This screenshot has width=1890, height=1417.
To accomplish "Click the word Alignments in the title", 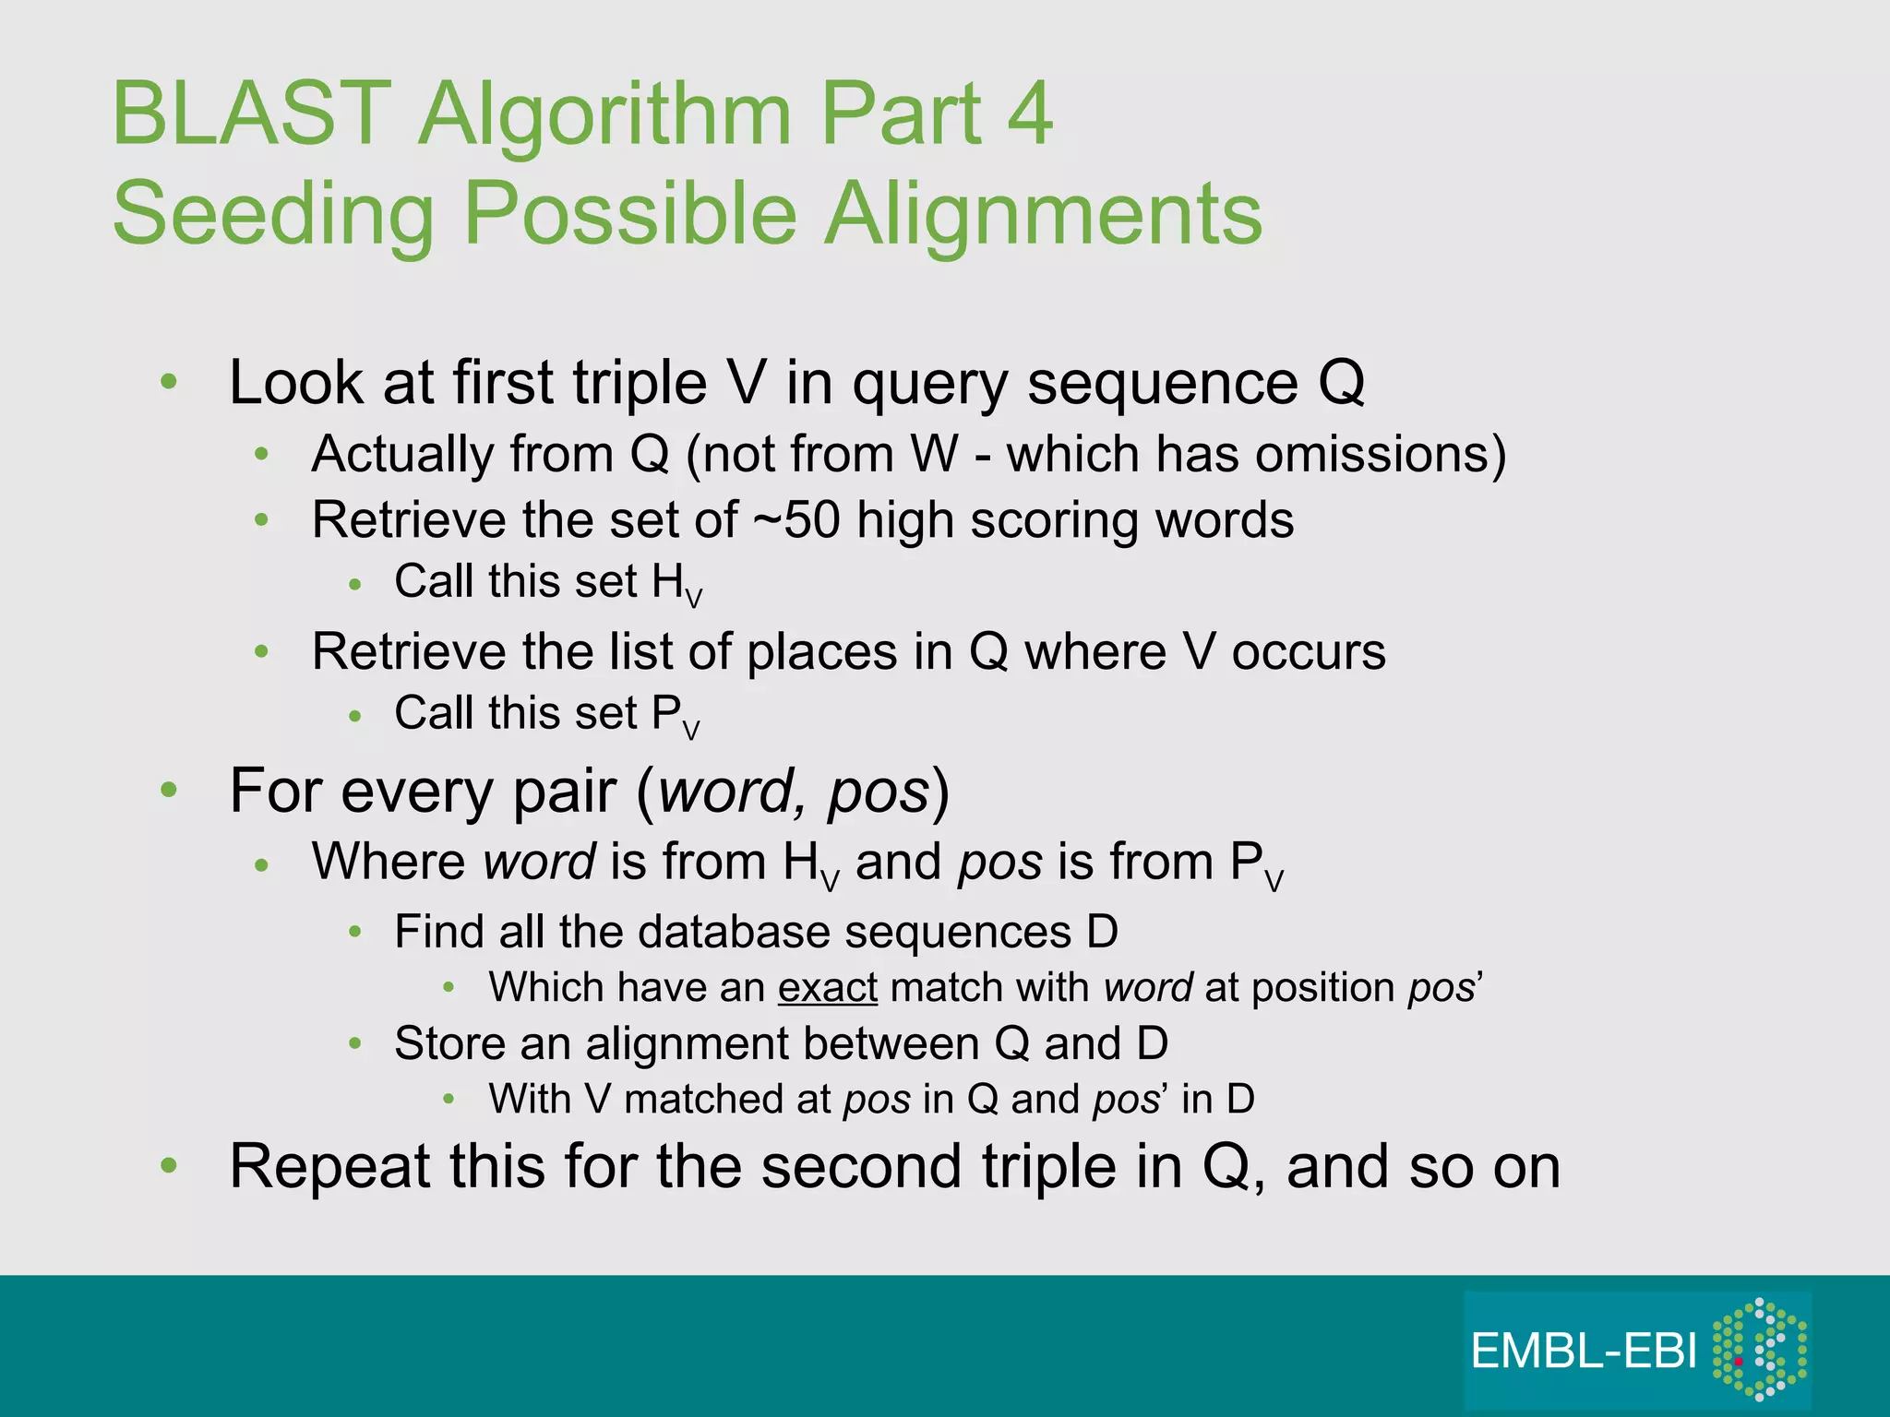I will point(1043,214).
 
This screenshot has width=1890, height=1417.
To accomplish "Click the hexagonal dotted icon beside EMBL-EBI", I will point(1759,1350).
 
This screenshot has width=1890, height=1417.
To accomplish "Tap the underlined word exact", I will point(827,988).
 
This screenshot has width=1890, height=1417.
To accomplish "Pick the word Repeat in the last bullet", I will point(329,1167).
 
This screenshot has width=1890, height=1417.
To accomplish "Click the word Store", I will point(449,1044).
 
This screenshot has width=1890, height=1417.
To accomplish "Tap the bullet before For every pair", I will point(168,791).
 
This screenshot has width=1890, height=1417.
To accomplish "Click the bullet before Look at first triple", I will point(168,382).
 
